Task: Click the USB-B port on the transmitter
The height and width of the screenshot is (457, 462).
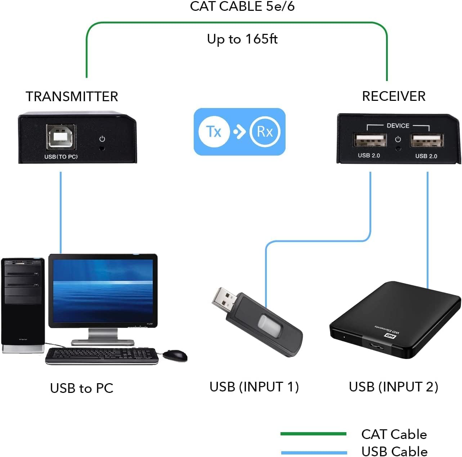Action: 61,137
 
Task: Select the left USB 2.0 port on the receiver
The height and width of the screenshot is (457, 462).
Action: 370,140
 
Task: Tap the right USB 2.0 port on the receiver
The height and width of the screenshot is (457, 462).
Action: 427,140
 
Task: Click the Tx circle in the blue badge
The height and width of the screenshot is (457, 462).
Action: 214,132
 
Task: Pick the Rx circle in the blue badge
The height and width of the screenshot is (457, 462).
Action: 265,132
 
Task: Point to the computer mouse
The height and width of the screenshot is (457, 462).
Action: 175,355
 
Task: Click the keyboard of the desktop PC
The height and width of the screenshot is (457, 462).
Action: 102,356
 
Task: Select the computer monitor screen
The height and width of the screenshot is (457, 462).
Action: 103,290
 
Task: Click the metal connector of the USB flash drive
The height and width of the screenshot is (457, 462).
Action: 224,299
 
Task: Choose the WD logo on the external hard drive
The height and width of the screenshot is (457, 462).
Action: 390,336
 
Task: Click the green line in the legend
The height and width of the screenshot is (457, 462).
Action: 313,434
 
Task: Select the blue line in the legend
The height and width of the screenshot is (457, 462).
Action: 313,452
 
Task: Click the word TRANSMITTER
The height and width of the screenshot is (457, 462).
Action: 72,97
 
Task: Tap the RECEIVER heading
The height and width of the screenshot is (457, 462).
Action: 394,96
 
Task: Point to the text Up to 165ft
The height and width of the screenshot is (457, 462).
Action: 242,39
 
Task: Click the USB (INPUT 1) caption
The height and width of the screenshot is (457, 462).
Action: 254,387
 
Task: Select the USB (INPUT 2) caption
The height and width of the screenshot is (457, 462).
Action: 394,387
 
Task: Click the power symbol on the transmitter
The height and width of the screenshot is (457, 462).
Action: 102,139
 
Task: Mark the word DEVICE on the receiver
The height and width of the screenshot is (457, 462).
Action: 398,126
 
